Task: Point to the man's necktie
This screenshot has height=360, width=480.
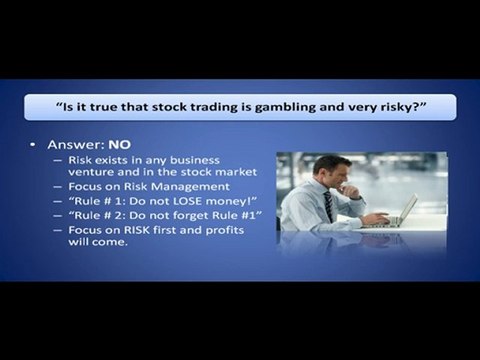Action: pyautogui.click(x=329, y=206)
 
